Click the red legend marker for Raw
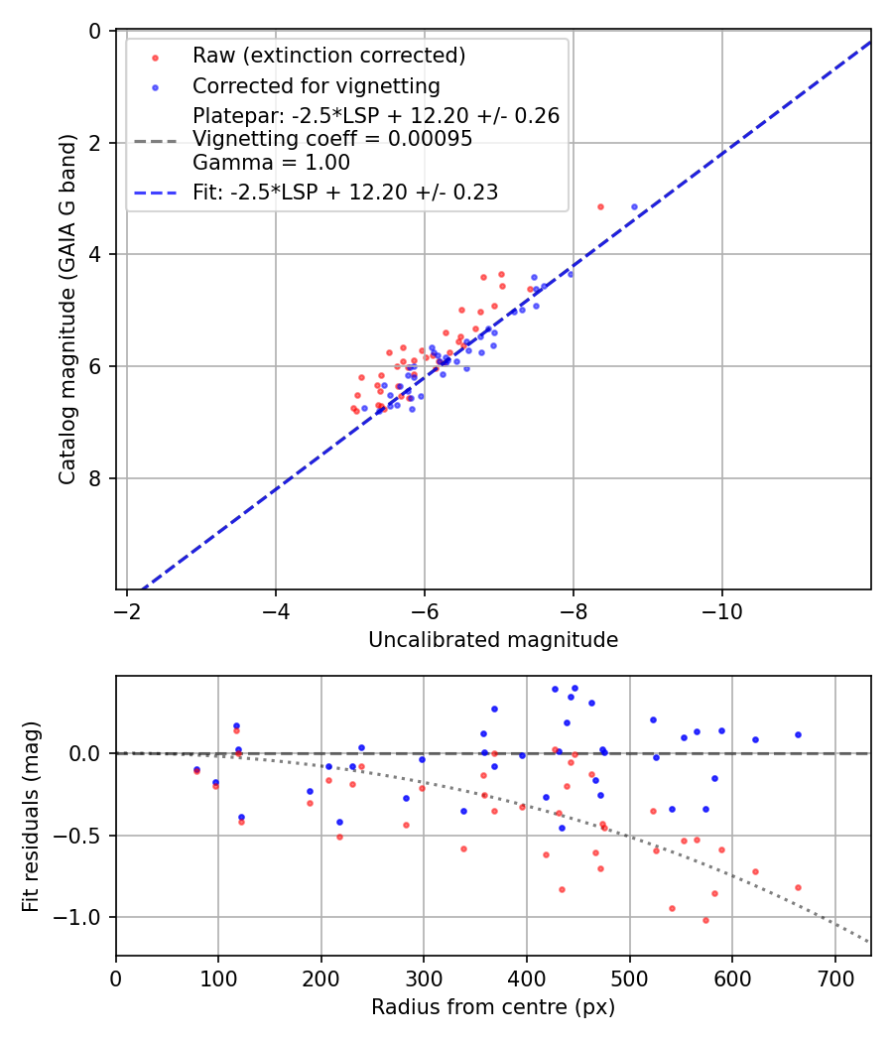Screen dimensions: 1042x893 (155, 57)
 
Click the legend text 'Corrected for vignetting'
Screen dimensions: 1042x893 (316, 85)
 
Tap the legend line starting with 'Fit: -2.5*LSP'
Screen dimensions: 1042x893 (344, 193)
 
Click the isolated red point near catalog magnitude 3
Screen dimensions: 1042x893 (600, 206)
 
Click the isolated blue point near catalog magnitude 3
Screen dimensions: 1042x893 (634, 206)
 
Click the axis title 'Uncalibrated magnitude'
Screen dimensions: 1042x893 (493, 640)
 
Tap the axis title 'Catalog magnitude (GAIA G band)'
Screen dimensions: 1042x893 (66, 311)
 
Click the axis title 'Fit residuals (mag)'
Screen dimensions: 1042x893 (32, 816)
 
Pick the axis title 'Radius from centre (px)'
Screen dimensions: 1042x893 (493, 1007)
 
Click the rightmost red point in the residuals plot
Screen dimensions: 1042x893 (798, 887)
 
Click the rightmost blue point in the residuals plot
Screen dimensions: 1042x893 (798, 734)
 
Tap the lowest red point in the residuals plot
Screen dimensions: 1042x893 (705, 920)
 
